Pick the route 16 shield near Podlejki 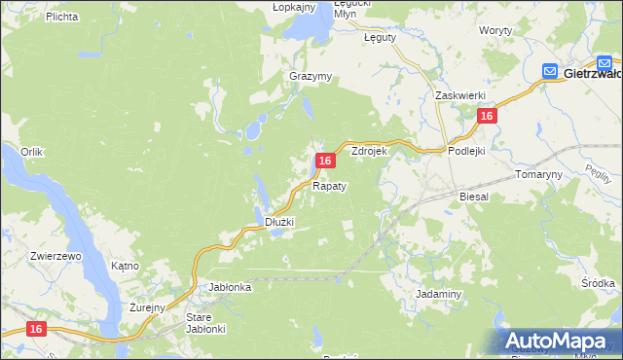(487, 116)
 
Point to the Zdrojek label (370, 152)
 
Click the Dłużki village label (279, 222)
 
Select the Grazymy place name (311, 76)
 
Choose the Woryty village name (495, 31)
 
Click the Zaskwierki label (459, 95)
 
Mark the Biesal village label (474, 196)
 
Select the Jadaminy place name (438, 293)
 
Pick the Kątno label (125, 266)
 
